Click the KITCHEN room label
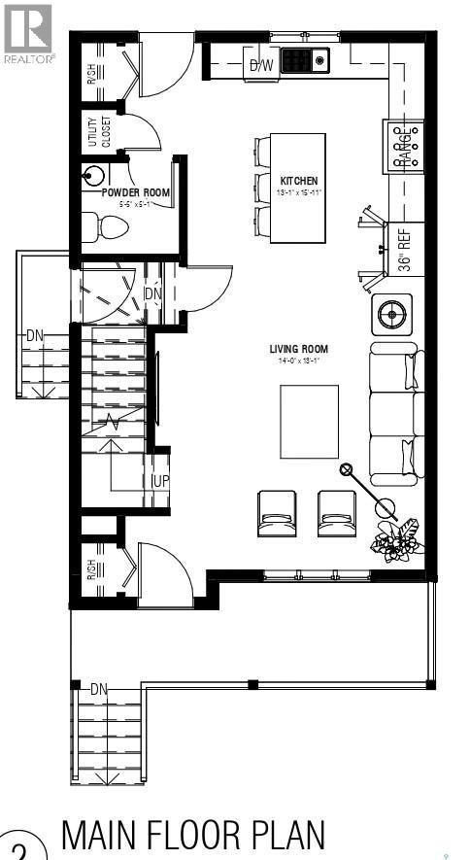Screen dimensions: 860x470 click(x=299, y=182)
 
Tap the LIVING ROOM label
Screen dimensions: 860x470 click(x=298, y=349)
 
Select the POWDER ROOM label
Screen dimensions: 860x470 click(x=136, y=192)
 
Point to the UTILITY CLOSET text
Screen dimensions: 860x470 click(x=100, y=131)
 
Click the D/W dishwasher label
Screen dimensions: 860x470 click(x=261, y=66)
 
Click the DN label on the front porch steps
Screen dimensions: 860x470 click(x=98, y=689)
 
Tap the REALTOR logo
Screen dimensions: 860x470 click(x=28, y=31)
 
